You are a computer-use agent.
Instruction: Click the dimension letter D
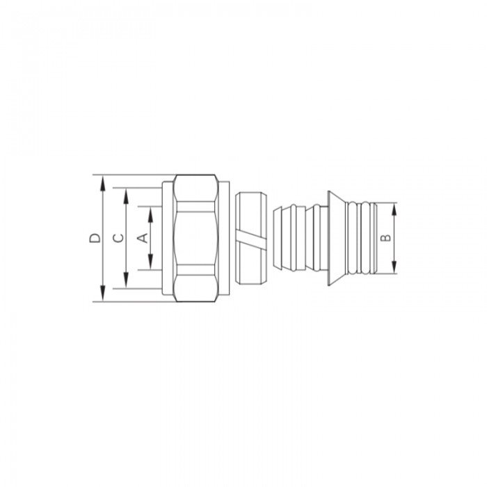[95, 238]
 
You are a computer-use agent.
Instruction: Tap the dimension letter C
[118, 238]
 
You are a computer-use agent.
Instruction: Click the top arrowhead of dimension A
[150, 211]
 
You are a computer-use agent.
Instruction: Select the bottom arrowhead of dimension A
[150, 265]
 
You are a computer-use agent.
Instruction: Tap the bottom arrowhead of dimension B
[394, 269]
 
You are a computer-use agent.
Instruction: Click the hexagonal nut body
[197, 238]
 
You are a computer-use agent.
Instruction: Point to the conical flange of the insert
[335, 238]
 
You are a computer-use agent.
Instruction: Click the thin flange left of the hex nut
[167, 238]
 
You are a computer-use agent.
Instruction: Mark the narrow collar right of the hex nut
[225, 238]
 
